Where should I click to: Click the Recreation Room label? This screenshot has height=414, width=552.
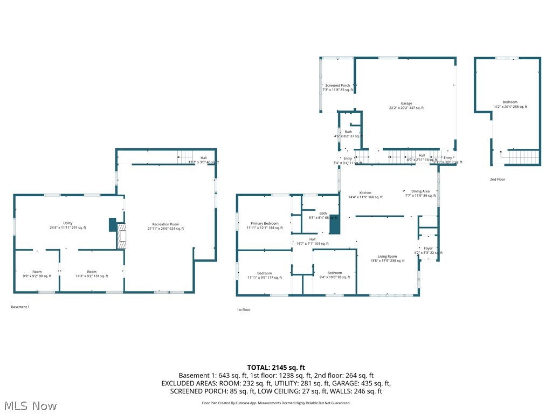(x=165, y=226)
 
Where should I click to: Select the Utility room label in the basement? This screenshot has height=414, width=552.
(x=67, y=225)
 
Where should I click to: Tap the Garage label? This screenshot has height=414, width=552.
(x=406, y=106)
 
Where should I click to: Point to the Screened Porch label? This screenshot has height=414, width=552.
(x=337, y=87)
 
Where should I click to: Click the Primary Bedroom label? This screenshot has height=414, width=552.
(x=264, y=226)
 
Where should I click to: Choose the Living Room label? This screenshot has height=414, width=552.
(x=387, y=259)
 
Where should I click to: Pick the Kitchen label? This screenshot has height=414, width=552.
(x=365, y=195)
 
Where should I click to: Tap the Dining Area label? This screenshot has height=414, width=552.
(x=420, y=194)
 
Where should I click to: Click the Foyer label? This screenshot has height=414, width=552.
(x=428, y=251)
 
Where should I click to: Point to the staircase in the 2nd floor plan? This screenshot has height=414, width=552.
(x=523, y=157)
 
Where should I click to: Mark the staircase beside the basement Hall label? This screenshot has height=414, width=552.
(x=185, y=159)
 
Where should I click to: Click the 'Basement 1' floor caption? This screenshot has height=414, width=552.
(x=20, y=307)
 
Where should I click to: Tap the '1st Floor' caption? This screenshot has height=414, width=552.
(x=244, y=310)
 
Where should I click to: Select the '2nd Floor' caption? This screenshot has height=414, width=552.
(x=498, y=180)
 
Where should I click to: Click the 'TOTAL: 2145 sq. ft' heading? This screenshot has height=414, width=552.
(x=276, y=368)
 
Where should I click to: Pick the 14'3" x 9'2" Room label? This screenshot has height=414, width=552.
(x=92, y=274)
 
